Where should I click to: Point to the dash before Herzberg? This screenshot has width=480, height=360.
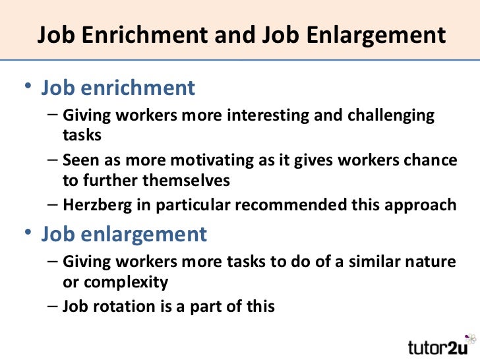tap(53, 205)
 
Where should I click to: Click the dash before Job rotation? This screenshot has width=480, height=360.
tap(53, 307)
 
